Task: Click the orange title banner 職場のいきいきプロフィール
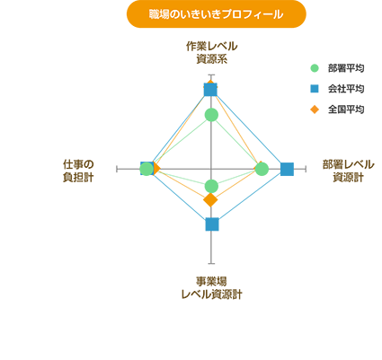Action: pos(217,14)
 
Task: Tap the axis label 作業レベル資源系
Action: pos(211,53)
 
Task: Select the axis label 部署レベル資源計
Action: pos(348,171)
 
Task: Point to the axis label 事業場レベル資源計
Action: pos(211,288)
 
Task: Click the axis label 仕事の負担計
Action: pos(78,171)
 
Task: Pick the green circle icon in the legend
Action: pos(315,68)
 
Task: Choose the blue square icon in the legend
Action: pos(315,89)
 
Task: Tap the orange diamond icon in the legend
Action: pos(315,110)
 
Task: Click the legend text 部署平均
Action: pos(346,68)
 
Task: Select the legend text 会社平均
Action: pos(346,89)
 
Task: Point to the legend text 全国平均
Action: pos(346,110)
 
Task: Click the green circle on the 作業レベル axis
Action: pos(211,115)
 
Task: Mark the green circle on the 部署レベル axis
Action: pos(262,169)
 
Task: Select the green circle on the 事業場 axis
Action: pos(211,186)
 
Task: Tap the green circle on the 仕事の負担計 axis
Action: pos(147,170)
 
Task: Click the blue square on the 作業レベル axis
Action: pos(210,90)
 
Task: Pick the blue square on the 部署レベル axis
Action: pos(287,169)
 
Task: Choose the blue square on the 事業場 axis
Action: pos(212,224)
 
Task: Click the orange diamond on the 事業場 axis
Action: pos(210,200)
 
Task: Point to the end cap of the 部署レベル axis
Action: pos(306,169)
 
